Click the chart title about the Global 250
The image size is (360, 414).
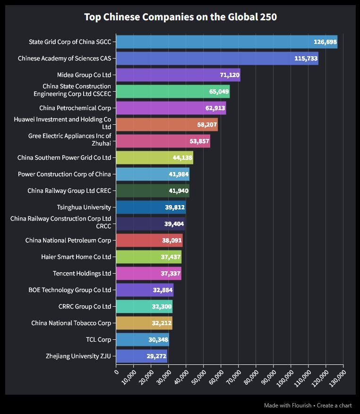(x=180, y=17)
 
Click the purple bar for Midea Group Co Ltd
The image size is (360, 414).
(x=178, y=75)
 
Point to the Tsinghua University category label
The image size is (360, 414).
(x=84, y=207)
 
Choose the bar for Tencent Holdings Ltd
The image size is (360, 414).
(x=148, y=274)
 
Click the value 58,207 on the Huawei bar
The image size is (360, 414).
(x=207, y=125)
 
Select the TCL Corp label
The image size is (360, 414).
(x=98, y=340)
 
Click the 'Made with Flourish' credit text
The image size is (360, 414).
(x=287, y=405)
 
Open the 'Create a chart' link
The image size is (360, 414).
(x=334, y=405)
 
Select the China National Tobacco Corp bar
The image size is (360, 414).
(x=144, y=323)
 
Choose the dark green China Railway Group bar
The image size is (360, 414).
(x=152, y=191)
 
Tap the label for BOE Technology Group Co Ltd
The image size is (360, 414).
(x=70, y=290)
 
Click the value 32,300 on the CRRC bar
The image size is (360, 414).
(x=162, y=307)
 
